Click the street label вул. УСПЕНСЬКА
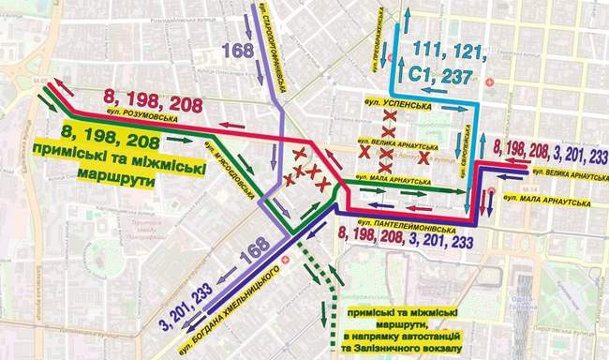pos(402,107)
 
